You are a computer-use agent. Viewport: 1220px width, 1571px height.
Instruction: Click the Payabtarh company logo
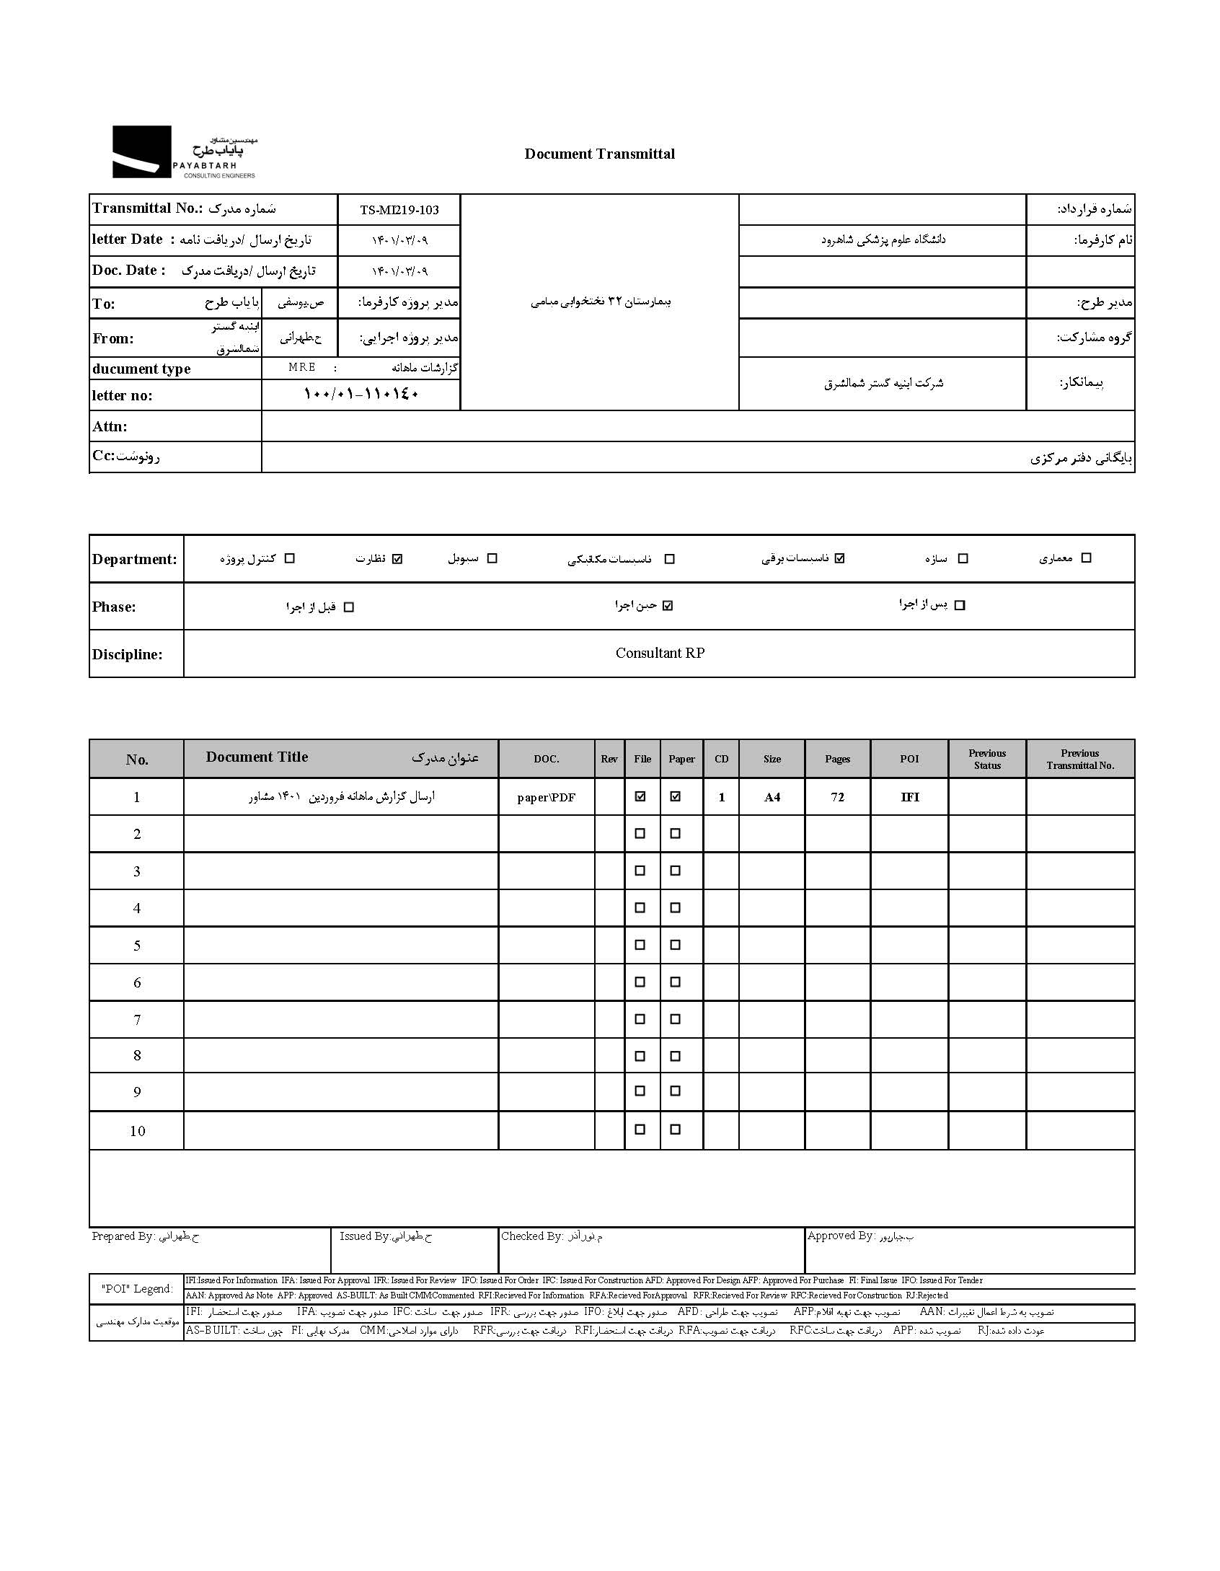[x=184, y=152]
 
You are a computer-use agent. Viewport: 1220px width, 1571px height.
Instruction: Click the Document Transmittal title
[x=599, y=154]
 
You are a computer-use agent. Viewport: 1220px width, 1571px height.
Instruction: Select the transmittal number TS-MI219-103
[x=399, y=210]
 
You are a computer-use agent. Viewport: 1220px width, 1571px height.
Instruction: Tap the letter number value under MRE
[x=361, y=395]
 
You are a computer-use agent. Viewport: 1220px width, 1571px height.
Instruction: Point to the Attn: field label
[x=110, y=426]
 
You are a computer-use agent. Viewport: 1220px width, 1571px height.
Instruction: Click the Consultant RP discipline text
[x=660, y=653]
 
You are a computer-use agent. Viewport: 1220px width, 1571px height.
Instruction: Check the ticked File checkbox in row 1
[x=640, y=796]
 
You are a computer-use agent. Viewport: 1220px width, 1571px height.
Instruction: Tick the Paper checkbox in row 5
[x=675, y=945]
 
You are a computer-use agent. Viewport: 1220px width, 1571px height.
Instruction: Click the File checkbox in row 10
[x=640, y=1130]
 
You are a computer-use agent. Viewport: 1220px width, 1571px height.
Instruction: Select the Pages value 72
[x=837, y=797]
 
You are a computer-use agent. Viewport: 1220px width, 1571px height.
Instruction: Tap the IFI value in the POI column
[x=909, y=797]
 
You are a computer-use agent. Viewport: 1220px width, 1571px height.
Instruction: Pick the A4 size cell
[x=772, y=797]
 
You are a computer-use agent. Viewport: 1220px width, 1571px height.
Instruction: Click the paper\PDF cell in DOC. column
[x=546, y=797]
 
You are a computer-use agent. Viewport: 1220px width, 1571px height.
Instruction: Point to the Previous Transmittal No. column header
[x=1079, y=759]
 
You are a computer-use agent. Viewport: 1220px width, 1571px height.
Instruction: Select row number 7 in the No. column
[x=137, y=1020]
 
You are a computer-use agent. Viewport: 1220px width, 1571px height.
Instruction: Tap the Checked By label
[x=532, y=1236]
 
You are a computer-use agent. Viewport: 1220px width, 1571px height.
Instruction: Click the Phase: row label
[x=114, y=607]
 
